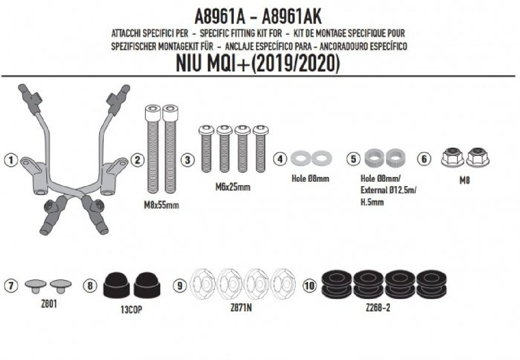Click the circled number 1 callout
pyautogui.click(x=11, y=160)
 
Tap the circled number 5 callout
pyautogui.click(x=353, y=159)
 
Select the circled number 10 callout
pyautogui.click(x=310, y=286)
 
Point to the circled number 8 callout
pyautogui.click(x=90, y=286)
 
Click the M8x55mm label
pyautogui.click(x=162, y=205)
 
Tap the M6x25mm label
pyautogui.click(x=233, y=187)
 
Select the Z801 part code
pyautogui.click(x=49, y=304)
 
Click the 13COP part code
pyautogui.click(x=131, y=309)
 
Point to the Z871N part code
pyautogui.click(x=241, y=308)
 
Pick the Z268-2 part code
pyautogui.click(x=378, y=308)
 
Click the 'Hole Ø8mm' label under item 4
pyautogui.click(x=310, y=179)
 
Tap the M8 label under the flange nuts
pyautogui.click(x=464, y=181)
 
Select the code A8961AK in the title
pyautogui.click(x=291, y=17)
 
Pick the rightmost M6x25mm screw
pyautogui.click(x=260, y=149)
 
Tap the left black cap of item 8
pyautogui.click(x=116, y=285)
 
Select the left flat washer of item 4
pyautogui.click(x=301, y=158)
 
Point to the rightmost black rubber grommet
pyautogui.click(x=431, y=284)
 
